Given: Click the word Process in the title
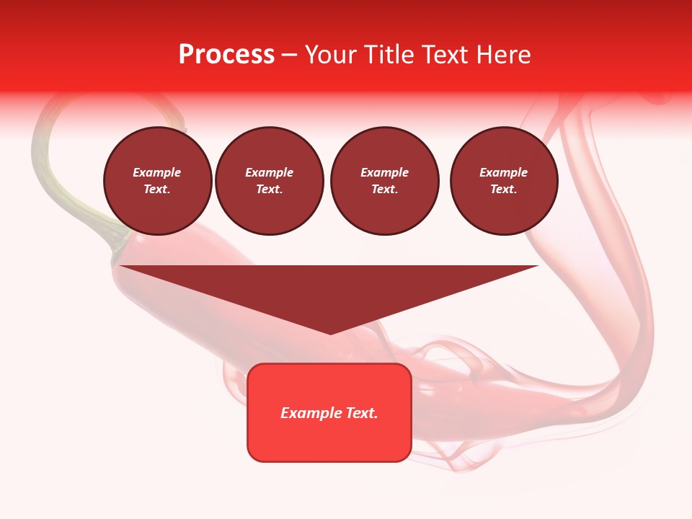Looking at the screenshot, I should tap(226, 55).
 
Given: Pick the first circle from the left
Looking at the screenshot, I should tap(158, 181).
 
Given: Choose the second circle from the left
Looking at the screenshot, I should tap(269, 181).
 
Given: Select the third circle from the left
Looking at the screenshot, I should tap(384, 181).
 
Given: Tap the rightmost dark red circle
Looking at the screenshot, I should tap(504, 181).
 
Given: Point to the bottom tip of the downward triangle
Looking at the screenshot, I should tap(330, 333).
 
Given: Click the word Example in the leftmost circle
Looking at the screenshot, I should tap(157, 173).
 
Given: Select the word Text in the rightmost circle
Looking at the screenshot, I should tap(504, 190).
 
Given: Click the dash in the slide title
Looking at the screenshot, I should tap(290, 56).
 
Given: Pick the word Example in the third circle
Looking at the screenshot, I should tap(384, 173).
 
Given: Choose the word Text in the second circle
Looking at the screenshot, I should tap(269, 190).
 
